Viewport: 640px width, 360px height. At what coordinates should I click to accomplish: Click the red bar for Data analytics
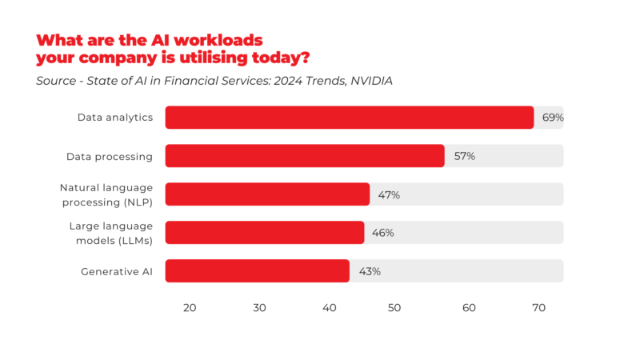[x=349, y=118]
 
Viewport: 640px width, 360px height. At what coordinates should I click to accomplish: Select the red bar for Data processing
[x=305, y=156]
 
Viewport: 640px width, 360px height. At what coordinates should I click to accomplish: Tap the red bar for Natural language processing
[x=267, y=194]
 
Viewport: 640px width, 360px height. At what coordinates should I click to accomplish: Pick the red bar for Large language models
[x=265, y=233]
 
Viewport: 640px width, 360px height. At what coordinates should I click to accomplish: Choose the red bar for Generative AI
[x=257, y=271]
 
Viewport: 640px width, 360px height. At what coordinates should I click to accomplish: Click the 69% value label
[x=553, y=118]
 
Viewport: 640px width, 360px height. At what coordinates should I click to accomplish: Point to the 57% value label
[x=464, y=156]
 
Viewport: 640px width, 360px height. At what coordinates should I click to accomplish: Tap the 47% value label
[x=389, y=194]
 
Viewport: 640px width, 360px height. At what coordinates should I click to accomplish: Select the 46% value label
[x=383, y=233]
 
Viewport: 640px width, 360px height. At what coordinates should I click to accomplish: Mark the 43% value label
[x=370, y=271]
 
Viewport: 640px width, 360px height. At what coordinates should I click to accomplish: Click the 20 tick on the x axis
[x=190, y=308]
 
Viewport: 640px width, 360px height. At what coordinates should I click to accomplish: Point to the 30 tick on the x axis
[x=259, y=308]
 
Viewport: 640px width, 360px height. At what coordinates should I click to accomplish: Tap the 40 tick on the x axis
[x=330, y=308]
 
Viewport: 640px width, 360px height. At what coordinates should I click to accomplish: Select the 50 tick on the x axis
[x=399, y=308]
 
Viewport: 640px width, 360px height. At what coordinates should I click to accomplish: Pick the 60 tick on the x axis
[x=469, y=308]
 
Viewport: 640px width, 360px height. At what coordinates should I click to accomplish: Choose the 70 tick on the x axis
[x=538, y=308]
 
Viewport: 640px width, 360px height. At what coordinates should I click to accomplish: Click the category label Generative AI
[x=116, y=271]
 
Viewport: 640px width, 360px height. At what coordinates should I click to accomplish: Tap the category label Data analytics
[x=114, y=118]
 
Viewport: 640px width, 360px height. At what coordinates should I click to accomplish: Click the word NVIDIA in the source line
[x=371, y=81]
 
